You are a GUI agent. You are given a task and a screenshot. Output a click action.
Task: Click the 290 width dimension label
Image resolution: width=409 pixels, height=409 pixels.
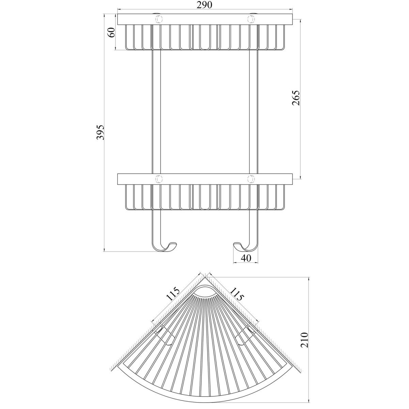coord(204,5)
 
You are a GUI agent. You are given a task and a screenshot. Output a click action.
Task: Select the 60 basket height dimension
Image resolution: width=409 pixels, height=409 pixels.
coord(112,32)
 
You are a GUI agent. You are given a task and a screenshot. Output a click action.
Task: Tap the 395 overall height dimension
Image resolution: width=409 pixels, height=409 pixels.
coord(100,132)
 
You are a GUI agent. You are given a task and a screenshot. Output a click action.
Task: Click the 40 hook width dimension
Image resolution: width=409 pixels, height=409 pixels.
coord(246,258)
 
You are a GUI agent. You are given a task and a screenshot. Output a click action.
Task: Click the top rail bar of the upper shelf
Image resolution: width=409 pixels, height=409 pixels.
coord(205,19)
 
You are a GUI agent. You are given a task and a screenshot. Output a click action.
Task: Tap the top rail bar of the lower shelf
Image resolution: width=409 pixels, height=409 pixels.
coord(205,179)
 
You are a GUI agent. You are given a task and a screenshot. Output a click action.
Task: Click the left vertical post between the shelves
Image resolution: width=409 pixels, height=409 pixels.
coord(156,112)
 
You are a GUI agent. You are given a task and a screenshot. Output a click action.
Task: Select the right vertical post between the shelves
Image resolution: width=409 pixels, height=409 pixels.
coord(254,112)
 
